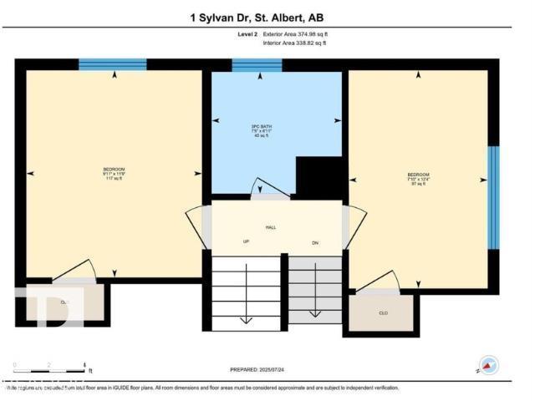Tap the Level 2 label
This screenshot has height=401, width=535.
point(248,33)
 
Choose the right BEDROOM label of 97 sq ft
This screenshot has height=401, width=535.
point(418,178)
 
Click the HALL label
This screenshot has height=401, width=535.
point(271,227)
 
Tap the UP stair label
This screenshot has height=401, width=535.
point(247,242)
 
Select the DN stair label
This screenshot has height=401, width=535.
point(315,242)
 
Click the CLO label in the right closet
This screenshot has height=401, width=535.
point(384,313)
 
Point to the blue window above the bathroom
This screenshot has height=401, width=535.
point(257,65)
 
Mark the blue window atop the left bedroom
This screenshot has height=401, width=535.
point(113,64)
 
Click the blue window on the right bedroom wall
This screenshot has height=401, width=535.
point(493,198)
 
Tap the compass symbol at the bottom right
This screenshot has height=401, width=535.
point(489,364)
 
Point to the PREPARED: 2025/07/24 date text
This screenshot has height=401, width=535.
point(263,368)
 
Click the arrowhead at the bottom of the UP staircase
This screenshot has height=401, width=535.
point(246,319)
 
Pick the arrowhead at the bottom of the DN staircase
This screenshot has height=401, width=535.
point(315,315)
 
